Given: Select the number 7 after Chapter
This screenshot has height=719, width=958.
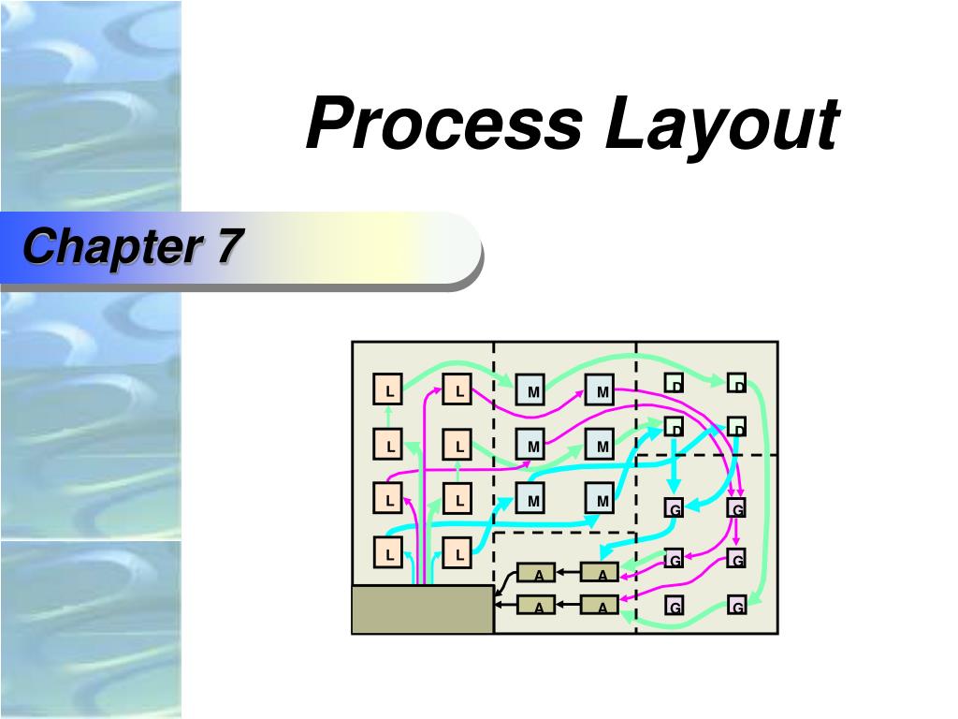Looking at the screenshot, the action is [x=228, y=247].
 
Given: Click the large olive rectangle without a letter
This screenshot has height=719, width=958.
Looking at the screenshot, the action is [x=422, y=609].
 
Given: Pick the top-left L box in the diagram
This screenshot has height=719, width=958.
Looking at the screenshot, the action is [x=388, y=389].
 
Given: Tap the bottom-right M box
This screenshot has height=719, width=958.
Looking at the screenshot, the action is [x=602, y=501].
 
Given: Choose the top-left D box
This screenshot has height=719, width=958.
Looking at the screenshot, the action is [x=674, y=382].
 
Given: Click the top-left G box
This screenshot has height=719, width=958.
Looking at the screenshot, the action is [x=674, y=508].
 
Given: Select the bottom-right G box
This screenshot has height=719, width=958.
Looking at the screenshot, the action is [x=737, y=607].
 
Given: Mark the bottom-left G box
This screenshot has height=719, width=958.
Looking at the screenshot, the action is [x=674, y=607].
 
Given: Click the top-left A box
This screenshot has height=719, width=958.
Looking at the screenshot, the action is [x=537, y=573].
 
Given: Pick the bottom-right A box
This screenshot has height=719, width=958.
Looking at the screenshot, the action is [x=601, y=606].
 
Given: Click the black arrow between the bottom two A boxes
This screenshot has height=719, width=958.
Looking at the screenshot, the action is [x=569, y=606].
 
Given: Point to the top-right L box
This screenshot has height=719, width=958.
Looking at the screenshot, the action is [x=457, y=389].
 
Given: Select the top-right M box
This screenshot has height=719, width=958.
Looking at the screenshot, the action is [x=602, y=389].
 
